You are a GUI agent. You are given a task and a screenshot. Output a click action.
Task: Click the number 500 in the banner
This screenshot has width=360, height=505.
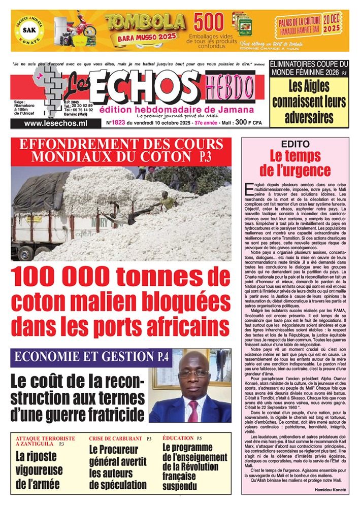point(209,22)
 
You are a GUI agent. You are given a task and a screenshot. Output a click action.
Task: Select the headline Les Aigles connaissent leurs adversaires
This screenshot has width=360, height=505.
point(309,103)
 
